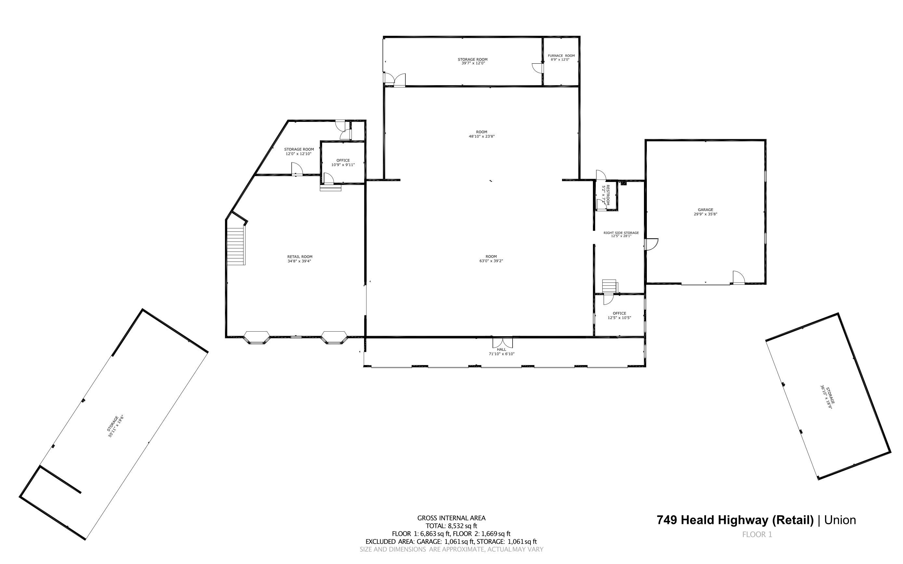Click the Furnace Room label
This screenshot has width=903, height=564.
[x=561, y=56]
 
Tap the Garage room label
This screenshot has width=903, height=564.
[x=705, y=210]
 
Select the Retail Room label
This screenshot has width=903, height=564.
[x=299, y=256]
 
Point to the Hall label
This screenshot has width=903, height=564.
[x=501, y=349]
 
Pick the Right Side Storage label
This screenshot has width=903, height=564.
[x=621, y=233]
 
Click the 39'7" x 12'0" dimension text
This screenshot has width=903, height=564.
[x=473, y=63]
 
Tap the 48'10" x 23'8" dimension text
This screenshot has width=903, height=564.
[x=481, y=137]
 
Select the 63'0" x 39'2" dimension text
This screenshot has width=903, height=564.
[x=491, y=261]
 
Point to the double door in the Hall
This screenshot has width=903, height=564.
[x=503, y=342]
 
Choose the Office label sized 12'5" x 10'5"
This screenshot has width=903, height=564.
[x=619, y=313]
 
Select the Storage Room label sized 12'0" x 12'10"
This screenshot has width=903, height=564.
[x=299, y=149]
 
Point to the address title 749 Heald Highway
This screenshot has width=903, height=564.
[x=735, y=520]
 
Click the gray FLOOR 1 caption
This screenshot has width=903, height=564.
[x=757, y=534]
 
